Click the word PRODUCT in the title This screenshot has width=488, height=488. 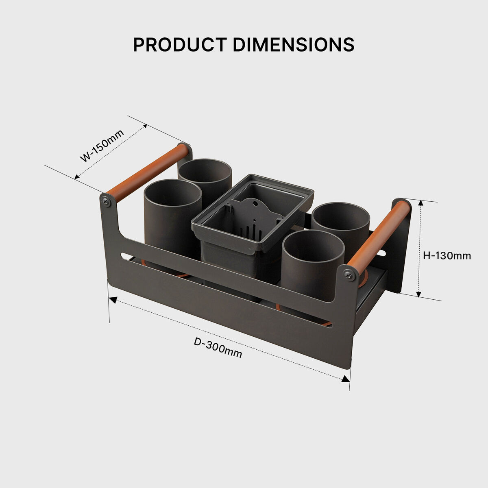(180, 45)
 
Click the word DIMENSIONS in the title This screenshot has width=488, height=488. (294, 45)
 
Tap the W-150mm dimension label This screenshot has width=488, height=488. (102, 146)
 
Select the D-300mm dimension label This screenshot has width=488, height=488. (218, 347)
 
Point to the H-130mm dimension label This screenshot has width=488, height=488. (447, 256)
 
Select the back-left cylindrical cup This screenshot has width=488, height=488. (205, 177)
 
